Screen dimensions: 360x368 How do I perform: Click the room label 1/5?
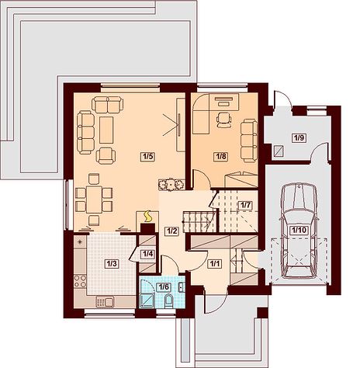click(x=147, y=157)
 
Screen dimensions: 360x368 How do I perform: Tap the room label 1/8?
click(x=220, y=157)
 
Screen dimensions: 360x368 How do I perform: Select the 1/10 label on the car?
click(x=299, y=230)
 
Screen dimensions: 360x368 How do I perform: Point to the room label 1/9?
click(x=299, y=138)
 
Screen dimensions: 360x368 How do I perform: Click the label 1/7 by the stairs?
click(x=245, y=206)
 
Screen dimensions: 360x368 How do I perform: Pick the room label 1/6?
click(x=164, y=286)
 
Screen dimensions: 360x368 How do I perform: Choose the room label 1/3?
click(x=112, y=264)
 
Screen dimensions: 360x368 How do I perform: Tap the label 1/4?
click(x=147, y=254)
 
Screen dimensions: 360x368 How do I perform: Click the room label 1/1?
click(x=215, y=264)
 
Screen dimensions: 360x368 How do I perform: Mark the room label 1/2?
click(x=171, y=231)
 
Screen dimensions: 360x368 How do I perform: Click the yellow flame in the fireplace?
click(x=147, y=217)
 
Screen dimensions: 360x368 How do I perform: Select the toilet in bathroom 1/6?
click(x=169, y=300)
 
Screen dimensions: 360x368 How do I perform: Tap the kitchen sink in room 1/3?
click(x=106, y=302)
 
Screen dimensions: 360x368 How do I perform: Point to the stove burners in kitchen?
click(x=80, y=281)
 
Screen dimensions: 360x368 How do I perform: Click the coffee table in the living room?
click(x=106, y=130)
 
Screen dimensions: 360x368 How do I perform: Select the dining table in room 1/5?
click(x=94, y=200)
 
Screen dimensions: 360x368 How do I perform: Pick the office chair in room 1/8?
click(x=224, y=120)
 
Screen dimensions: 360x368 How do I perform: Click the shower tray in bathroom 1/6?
click(x=147, y=301)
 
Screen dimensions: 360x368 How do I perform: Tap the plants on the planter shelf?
click(x=171, y=184)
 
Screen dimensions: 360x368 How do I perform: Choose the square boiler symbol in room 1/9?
click(x=279, y=151)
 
